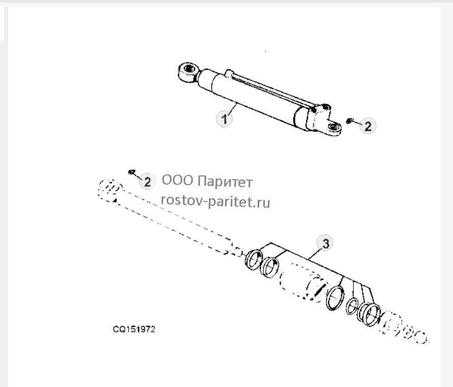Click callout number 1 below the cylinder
coord(225,118)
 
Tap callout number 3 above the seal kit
coord(325,243)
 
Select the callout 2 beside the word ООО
coord(147,182)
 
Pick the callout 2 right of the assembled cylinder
coord(368,126)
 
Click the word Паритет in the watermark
coord(225,182)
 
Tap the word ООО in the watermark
coord(177,181)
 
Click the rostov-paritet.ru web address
coord(216,201)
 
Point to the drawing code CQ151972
coord(134,329)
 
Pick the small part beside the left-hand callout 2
coord(132,172)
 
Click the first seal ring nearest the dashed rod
coord(254,258)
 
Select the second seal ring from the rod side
coord(269,266)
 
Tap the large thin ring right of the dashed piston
coord(335,299)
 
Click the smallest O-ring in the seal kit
coord(352,306)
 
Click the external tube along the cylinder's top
coord(275,90)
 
